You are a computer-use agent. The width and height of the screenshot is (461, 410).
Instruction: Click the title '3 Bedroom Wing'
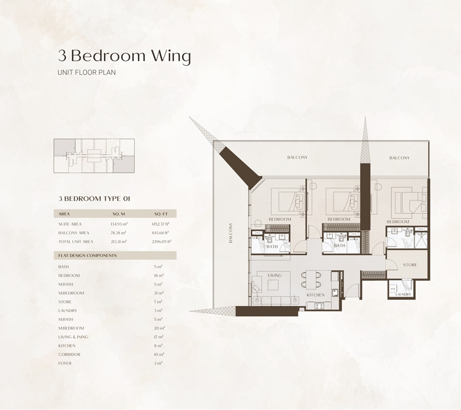(124, 56)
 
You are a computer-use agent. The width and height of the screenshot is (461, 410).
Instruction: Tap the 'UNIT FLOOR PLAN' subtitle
(86, 73)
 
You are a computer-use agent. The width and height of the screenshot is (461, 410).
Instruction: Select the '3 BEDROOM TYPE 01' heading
(94, 199)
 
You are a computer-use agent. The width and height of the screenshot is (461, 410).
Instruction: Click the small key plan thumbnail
(94, 156)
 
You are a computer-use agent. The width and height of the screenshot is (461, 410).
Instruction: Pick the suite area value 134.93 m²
(118, 224)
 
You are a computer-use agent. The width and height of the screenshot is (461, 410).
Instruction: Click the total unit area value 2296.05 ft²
(161, 241)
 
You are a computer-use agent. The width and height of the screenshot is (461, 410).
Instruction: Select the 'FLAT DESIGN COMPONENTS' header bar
(115, 255)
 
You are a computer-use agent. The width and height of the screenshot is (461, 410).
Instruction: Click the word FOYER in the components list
(65, 363)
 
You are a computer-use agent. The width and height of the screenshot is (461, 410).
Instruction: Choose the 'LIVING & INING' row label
(73, 337)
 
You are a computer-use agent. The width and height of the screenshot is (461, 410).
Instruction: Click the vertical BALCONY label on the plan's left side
(230, 233)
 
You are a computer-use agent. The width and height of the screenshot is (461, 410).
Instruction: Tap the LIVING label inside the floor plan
(274, 276)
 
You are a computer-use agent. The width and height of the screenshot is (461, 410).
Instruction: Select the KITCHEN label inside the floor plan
(316, 295)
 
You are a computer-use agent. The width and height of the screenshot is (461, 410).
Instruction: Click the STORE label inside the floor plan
(409, 265)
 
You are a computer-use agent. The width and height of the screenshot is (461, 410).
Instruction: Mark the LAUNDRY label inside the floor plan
(403, 294)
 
